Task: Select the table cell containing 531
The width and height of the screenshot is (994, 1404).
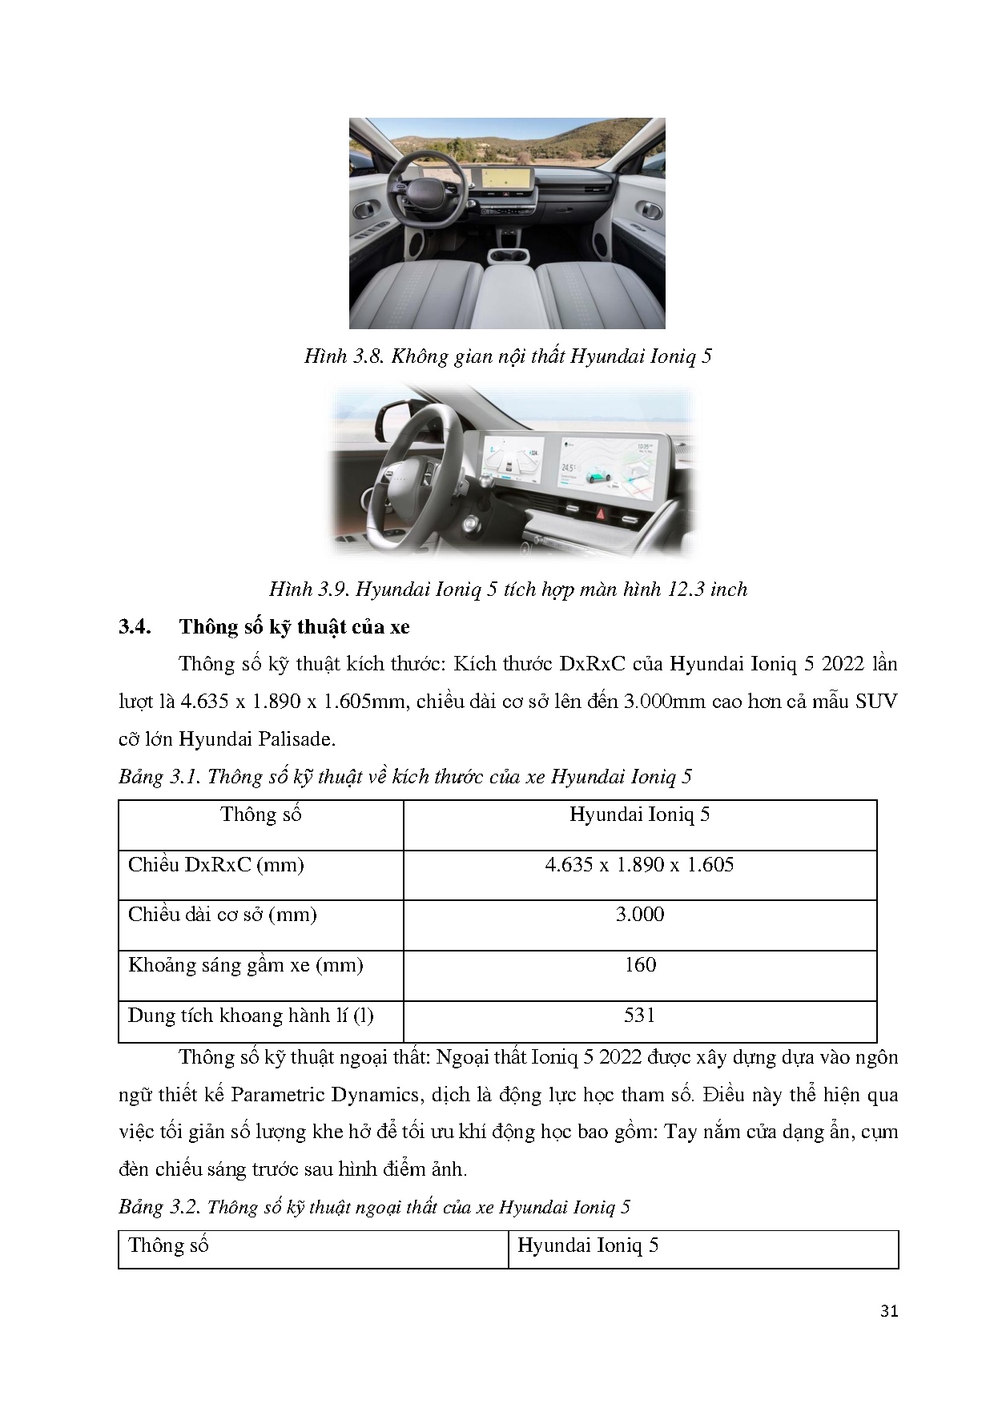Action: tap(639, 1016)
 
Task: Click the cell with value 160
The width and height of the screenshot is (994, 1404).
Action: tap(639, 965)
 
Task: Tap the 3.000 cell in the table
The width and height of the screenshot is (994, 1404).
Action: tap(639, 915)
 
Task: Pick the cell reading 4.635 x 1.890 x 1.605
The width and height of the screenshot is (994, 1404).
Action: tap(639, 865)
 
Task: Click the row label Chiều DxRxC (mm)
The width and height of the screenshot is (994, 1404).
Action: tap(215, 865)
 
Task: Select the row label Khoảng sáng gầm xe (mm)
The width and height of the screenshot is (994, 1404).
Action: tap(245, 965)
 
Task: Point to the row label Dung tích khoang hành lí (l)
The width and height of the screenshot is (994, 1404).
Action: tap(250, 1016)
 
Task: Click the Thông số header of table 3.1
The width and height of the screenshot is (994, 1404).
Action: tap(260, 815)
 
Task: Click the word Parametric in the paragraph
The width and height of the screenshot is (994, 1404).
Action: tap(273, 1095)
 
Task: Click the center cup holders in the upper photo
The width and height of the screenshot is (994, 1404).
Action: tap(507, 255)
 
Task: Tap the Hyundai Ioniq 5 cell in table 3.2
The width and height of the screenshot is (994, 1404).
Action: tap(588, 1246)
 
